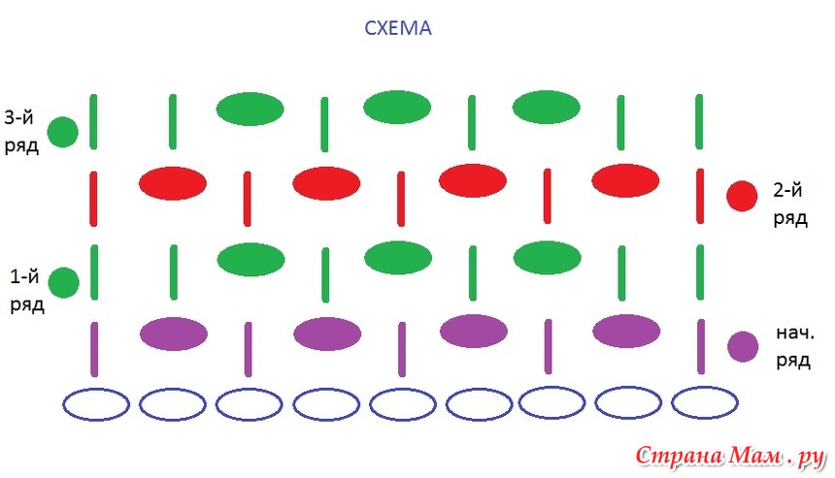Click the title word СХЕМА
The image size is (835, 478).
tap(397, 29)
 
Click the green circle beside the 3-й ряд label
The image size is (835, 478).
tap(63, 132)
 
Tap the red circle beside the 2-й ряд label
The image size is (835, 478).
tap(742, 196)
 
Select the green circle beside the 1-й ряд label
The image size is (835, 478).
tap(63, 282)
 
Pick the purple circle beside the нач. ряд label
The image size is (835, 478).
tap(743, 346)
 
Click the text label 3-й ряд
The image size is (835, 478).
tap(21, 131)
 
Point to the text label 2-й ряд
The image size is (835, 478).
tap(790, 202)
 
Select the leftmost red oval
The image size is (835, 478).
tap(173, 182)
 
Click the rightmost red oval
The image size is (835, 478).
tap(625, 180)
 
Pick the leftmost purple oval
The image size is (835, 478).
tap(174, 333)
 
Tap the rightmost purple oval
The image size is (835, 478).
tap(626, 331)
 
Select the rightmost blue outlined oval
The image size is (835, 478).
tap(704, 402)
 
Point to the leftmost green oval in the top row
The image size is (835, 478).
tap(250, 110)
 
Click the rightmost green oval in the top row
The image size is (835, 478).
tap(546, 107)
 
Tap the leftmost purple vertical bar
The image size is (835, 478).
tap(94, 348)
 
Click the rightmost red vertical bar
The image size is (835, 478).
tap(700, 196)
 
